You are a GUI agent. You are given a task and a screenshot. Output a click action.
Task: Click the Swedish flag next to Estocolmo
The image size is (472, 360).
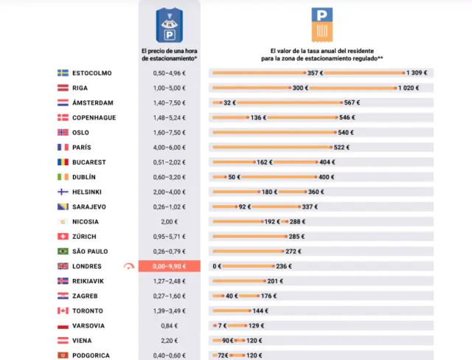[63, 73]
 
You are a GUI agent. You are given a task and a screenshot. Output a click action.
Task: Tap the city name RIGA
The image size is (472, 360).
[81, 88]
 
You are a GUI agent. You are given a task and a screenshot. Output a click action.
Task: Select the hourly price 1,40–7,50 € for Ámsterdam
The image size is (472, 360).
[169, 103]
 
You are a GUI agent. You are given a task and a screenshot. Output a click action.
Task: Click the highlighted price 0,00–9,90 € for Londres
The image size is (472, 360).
[169, 266]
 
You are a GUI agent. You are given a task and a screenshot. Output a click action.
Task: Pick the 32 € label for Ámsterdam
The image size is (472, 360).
[229, 103]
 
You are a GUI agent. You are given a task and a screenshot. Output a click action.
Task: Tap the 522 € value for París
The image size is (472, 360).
[341, 148]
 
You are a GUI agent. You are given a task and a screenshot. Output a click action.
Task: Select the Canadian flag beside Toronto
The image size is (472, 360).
[63, 311]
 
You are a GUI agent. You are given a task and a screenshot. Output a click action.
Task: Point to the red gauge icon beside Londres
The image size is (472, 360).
[130, 266]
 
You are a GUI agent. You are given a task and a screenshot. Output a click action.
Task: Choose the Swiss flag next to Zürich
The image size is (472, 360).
[63, 237]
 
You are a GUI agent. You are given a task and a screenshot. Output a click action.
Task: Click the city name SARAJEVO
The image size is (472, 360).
[89, 207]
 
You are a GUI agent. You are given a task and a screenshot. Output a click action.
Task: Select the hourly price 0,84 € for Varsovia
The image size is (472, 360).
[169, 325]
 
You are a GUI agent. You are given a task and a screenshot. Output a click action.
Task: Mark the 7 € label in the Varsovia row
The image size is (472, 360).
[221, 325]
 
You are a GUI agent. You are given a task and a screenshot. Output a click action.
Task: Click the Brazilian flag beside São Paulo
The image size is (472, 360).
[63, 252]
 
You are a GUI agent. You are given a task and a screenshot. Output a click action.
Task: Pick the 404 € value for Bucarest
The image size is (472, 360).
[327, 162]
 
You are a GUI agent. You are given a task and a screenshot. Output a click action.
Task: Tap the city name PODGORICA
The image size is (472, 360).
[91, 356]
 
